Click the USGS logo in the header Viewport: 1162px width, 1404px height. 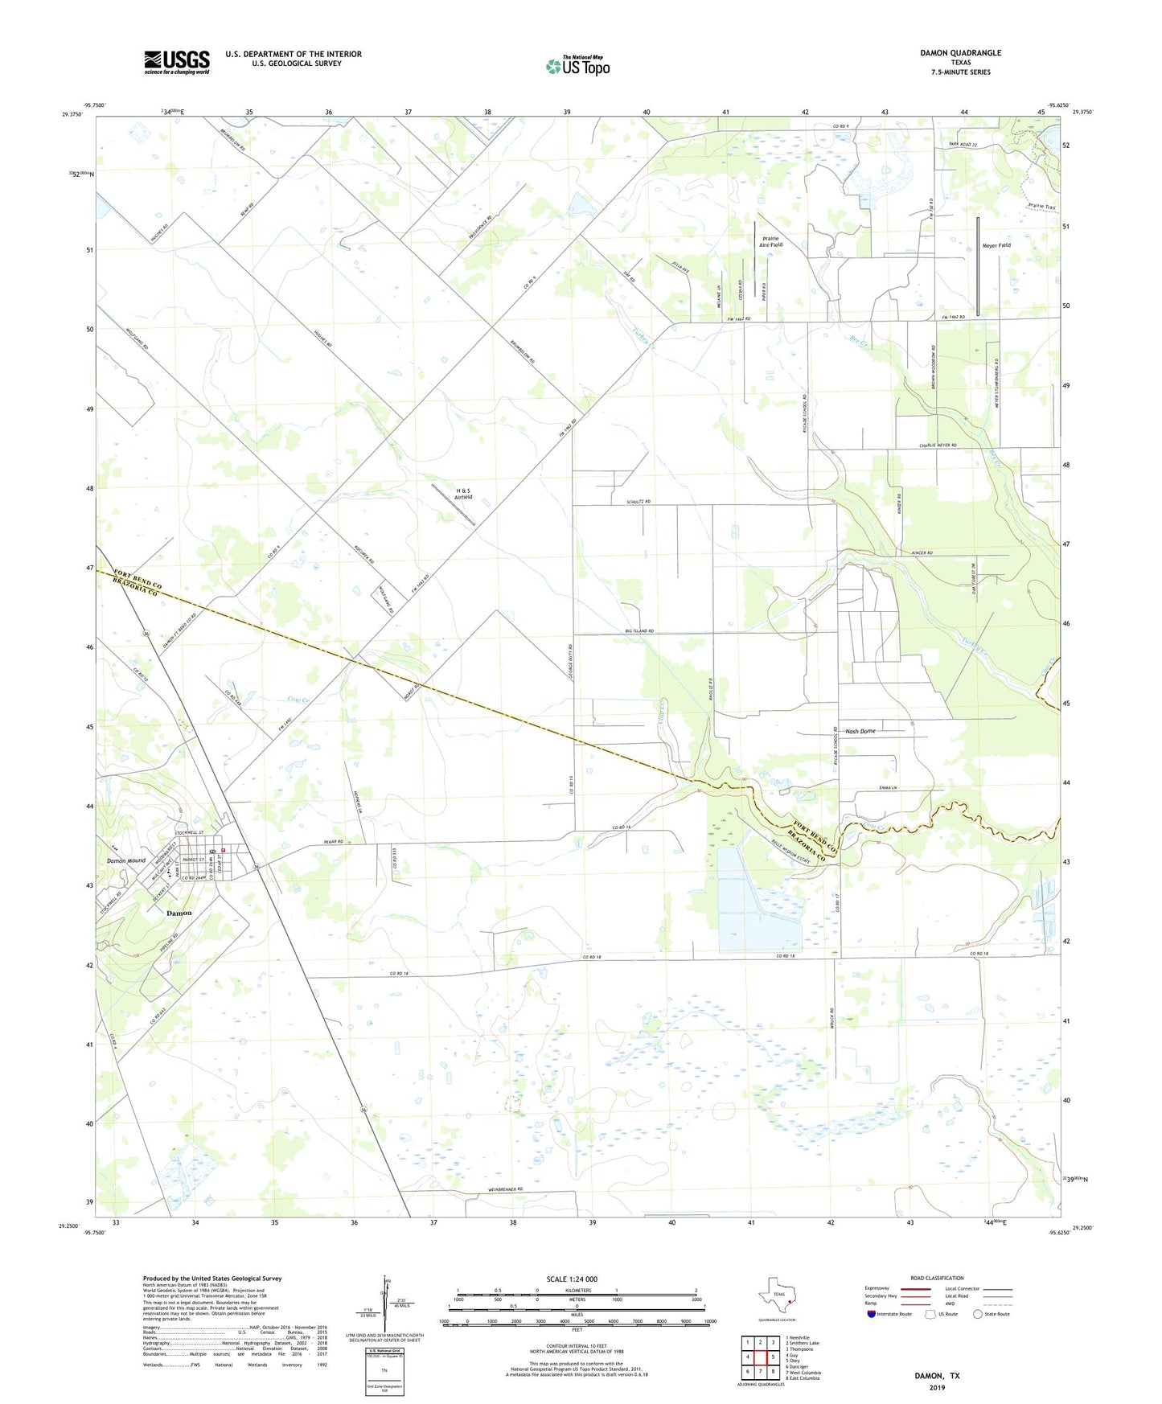[177, 62]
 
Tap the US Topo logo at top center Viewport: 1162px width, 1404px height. [577, 66]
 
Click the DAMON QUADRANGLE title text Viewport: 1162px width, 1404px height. [960, 53]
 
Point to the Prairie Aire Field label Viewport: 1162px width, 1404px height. [770, 241]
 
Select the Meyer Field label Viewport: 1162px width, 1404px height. [996, 245]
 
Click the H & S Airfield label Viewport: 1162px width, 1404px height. [463, 493]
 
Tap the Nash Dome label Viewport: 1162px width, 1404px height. [860, 731]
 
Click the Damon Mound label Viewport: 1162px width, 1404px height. [126, 860]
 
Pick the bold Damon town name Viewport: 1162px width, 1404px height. [179, 913]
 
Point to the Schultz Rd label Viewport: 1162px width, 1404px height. [638, 502]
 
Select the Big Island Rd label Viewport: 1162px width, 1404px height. [639, 631]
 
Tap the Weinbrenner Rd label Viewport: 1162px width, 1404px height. [505, 1189]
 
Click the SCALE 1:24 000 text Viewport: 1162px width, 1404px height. [572, 1279]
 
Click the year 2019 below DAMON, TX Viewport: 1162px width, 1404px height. [937, 1388]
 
